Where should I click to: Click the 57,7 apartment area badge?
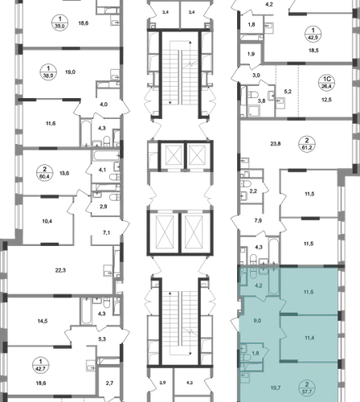point(307,392)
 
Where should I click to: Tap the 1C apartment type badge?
point(327,79)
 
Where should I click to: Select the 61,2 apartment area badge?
point(307,147)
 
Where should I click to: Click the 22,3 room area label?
point(60,270)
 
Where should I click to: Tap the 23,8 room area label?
point(276,144)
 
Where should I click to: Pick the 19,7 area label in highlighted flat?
point(276,388)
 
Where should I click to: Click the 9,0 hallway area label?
point(257,321)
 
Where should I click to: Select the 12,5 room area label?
point(326,100)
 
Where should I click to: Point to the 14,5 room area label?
point(43,321)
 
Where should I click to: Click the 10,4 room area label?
point(47,221)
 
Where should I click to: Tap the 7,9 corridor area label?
point(258,220)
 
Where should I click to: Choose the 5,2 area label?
point(288,92)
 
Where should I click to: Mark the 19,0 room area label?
point(70,72)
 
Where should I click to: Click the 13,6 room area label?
point(64,173)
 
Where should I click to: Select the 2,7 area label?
point(109,384)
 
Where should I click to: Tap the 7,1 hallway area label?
point(106,233)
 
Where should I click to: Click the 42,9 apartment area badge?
point(313,38)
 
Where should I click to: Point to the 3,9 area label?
point(162,383)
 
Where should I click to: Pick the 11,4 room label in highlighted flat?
point(309,338)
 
